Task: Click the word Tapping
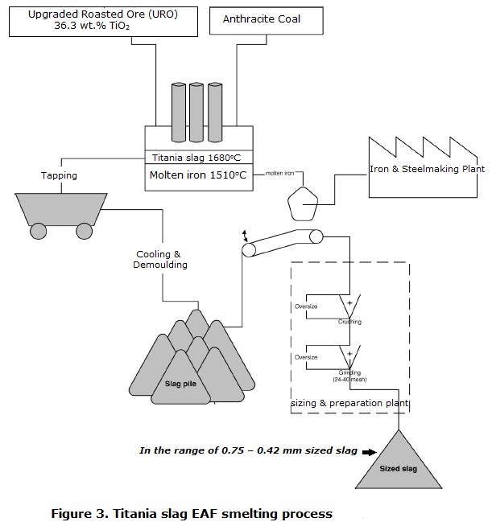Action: [59, 175]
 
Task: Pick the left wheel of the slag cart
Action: [38, 232]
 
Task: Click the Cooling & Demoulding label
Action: [158, 259]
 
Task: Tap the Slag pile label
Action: [181, 384]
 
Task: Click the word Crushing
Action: [349, 322]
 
